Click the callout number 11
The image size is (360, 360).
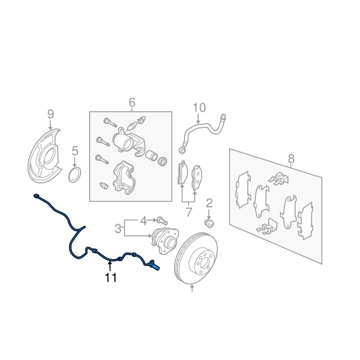111,277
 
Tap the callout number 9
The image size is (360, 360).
50,114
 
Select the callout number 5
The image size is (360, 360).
75,151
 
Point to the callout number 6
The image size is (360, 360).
132,103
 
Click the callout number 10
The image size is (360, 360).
199,108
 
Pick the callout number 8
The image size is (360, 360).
291,158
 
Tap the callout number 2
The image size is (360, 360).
209,203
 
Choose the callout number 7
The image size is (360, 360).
189,212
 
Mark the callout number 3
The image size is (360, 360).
118,229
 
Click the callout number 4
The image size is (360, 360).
143,221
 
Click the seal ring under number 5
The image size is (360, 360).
75,175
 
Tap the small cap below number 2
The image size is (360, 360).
209,223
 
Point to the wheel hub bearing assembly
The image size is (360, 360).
165,240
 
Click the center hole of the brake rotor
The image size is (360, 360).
203,263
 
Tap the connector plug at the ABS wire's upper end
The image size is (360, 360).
36,196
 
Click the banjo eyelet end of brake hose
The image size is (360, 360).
183,150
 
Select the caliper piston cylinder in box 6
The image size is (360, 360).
152,155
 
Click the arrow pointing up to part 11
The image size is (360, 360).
110,267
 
